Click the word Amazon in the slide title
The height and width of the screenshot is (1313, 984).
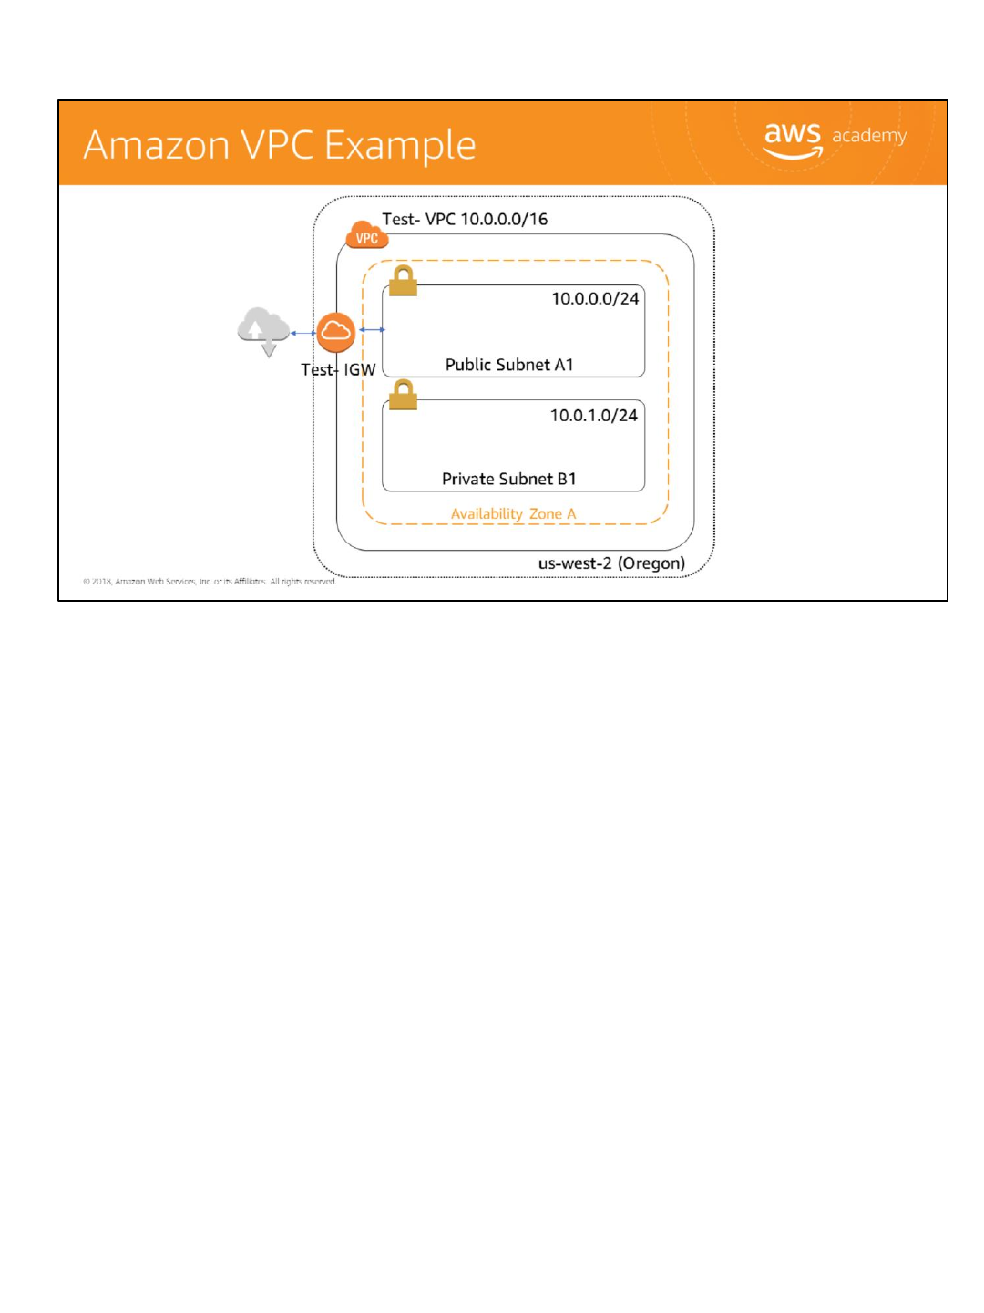tap(156, 146)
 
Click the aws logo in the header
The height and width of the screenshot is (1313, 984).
tap(792, 139)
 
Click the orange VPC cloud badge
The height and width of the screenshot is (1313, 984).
tap(366, 236)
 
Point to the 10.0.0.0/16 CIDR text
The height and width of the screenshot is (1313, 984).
tap(504, 219)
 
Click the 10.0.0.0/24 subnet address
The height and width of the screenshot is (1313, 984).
tap(595, 298)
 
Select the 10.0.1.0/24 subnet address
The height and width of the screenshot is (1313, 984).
tap(593, 415)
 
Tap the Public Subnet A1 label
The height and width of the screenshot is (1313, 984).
tap(509, 365)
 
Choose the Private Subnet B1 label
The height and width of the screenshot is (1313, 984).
tap(508, 479)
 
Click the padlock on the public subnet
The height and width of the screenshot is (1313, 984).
tap(403, 281)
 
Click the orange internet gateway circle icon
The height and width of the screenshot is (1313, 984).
tap(335, 331)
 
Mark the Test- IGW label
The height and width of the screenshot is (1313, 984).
tap(338, 369)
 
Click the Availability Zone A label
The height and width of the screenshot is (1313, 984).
tap(513, 513)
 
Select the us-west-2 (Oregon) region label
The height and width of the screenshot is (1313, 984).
tap(611, 563)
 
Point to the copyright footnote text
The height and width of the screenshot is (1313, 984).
tap(210, 581)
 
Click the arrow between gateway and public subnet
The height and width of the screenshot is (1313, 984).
tap(372, 329)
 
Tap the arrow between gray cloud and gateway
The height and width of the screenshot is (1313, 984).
tap(302, 333)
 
